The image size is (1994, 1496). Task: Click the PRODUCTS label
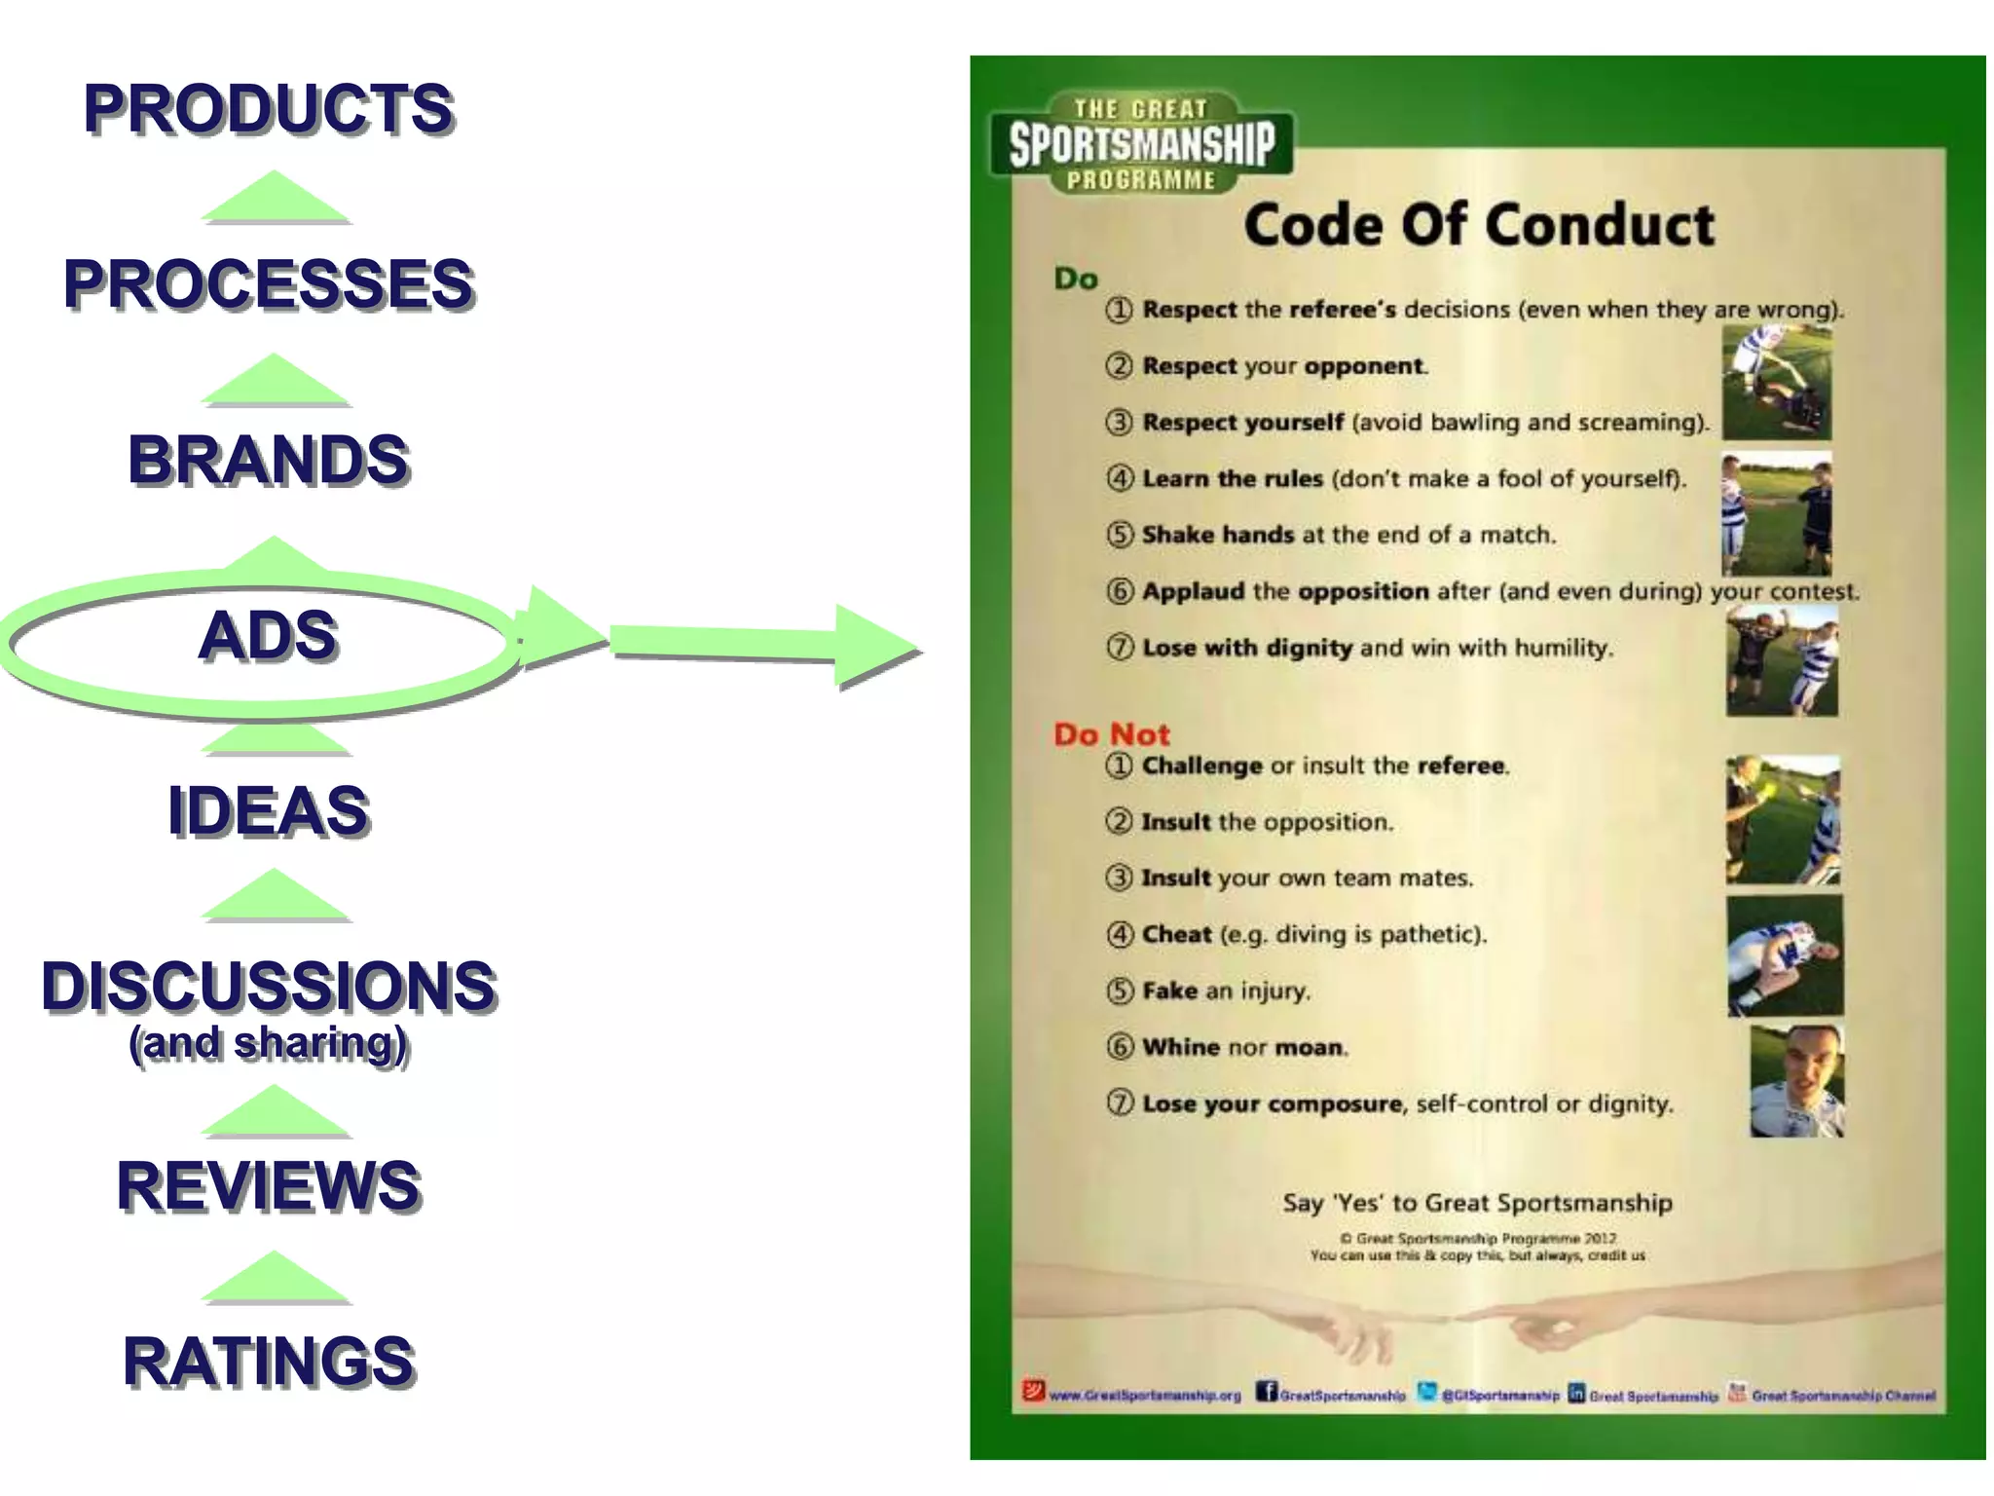click(x=268, y=108)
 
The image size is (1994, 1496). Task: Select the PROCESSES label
click(x=268, y=284)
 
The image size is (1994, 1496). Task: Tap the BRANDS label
click(x=268, y=460)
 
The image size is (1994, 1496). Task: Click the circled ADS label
click(x=268, y=636)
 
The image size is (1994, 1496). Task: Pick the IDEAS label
click(x=268, y=810)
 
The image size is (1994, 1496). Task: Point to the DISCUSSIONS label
click(x=268, y=986)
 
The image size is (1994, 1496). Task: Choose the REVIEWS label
click(x=268, y=1186)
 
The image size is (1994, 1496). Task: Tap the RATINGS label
click(x=268, y=1362)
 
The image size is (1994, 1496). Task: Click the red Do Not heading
click(x=1111, y=734)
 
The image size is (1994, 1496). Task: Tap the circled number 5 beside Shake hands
click(x=1120, y=535)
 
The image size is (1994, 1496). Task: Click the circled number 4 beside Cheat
click(x=1120, y=935)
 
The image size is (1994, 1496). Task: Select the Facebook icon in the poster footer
click(x=1266, y=1392)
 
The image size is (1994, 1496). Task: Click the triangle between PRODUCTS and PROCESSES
click(x=276, y=198)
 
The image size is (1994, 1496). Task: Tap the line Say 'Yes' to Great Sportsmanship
click(x=1477, y=1204)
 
